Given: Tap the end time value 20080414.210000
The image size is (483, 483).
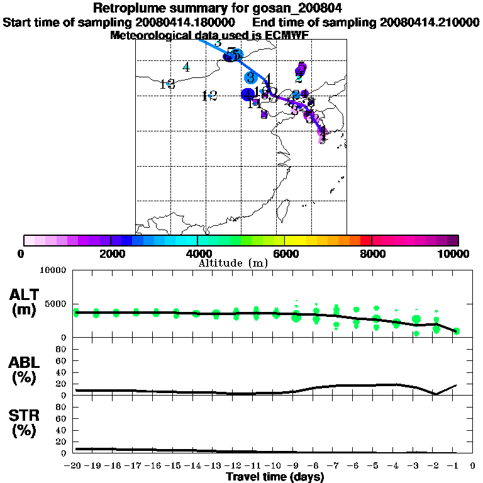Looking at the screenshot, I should [430, 22].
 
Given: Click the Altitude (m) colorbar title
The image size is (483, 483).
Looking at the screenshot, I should [233, 263].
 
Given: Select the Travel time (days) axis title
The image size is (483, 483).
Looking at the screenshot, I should [275, 477].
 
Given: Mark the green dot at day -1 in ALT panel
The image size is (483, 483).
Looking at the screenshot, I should [457, 331].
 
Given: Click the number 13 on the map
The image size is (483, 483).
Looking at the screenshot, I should [167, 84].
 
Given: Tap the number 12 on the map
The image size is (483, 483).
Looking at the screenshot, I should [209, 96].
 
